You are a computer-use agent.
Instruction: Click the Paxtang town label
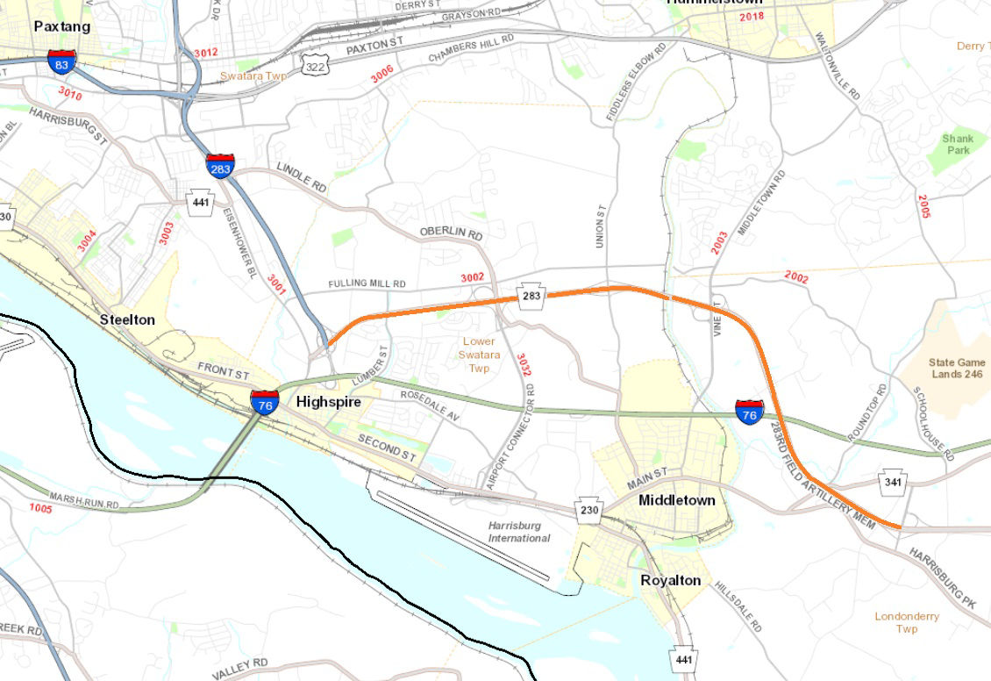61,26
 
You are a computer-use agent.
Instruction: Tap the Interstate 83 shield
62,61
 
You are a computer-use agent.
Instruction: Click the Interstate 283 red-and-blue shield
220,165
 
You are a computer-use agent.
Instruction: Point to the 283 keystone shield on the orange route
531,296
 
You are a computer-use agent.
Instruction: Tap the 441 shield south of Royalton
684,658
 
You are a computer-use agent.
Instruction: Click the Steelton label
127,319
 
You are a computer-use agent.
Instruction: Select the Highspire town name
328,402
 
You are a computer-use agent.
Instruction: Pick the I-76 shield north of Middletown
749,412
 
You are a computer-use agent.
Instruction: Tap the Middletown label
676,500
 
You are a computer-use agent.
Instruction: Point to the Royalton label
670,581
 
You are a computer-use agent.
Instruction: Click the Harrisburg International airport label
519,532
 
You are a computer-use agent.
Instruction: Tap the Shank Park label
957,144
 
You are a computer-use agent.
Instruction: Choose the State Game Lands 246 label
956,368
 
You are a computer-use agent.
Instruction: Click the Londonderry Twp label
907,622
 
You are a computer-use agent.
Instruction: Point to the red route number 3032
524,365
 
